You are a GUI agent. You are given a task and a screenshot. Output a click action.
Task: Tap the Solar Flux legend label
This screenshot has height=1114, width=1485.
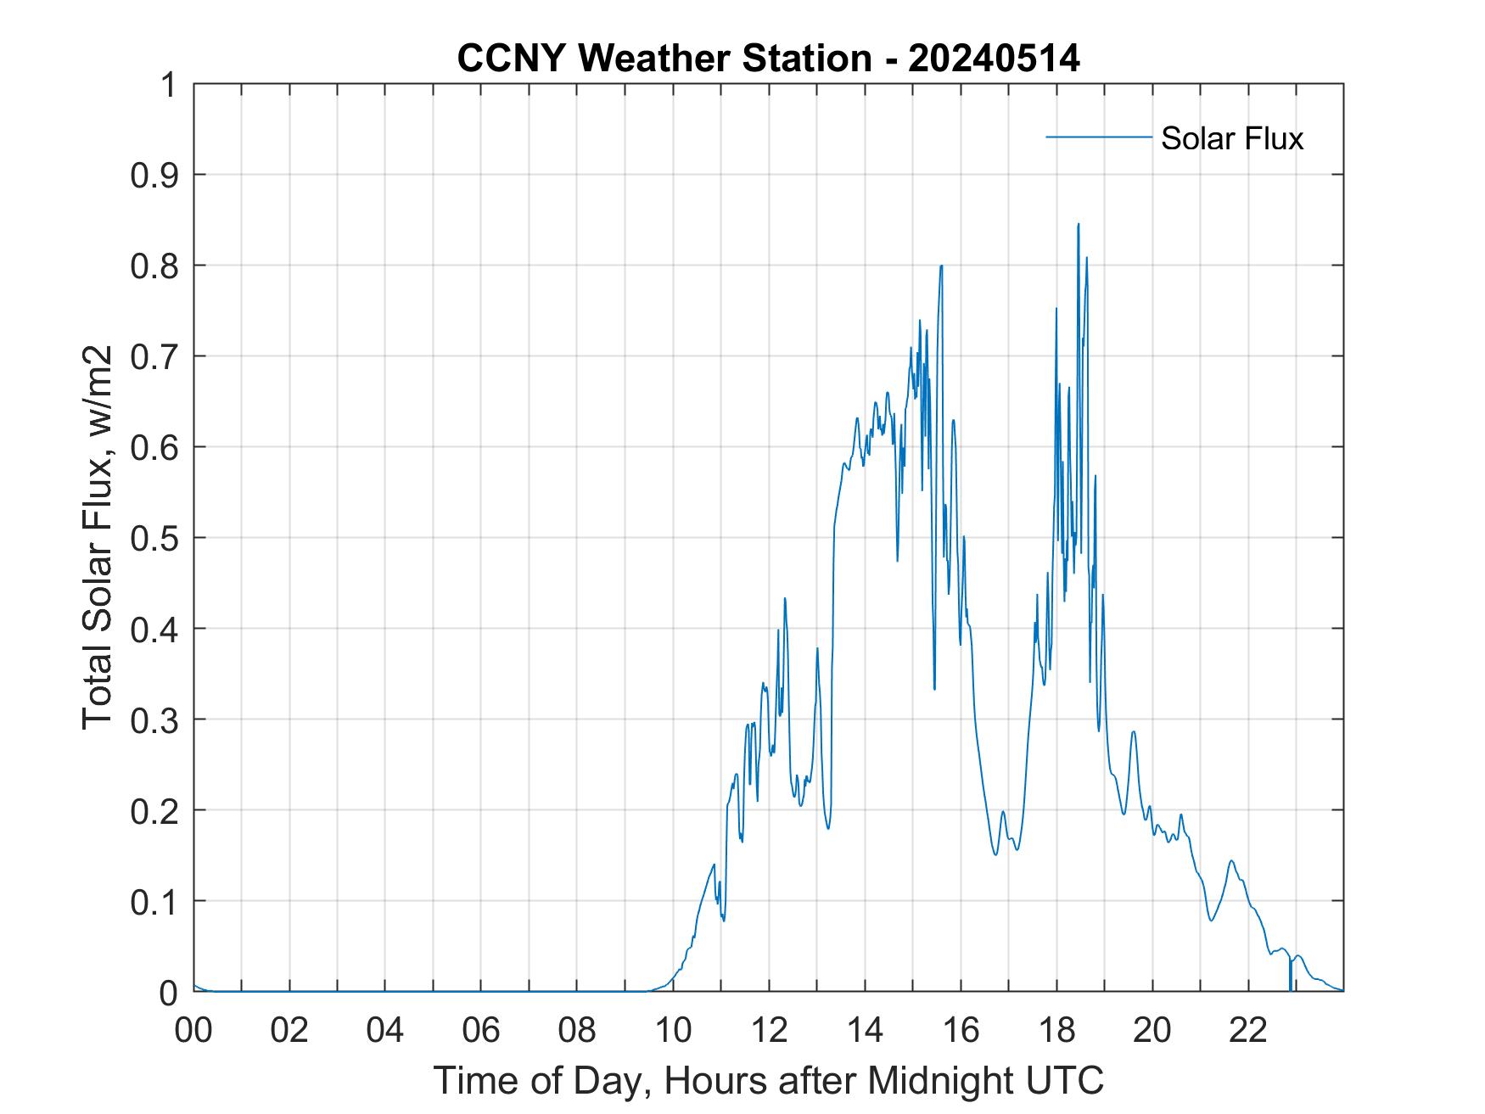click(x=1231, y=138)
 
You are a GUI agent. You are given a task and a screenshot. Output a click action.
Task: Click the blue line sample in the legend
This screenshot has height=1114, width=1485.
click(x=1098, y=137)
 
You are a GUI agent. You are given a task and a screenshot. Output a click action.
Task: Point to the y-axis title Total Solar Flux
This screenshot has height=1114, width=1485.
click(x=98, y=538)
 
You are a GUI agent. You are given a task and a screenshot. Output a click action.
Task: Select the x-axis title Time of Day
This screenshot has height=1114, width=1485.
click(x=769, y=1080)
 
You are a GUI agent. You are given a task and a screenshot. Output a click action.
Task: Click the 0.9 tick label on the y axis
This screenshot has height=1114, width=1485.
click(x=156, y=176)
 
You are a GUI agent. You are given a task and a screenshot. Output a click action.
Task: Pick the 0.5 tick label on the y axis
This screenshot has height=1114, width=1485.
click(x=156, y=538)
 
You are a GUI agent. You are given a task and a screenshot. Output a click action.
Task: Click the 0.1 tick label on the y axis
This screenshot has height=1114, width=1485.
click(x=156, y=901)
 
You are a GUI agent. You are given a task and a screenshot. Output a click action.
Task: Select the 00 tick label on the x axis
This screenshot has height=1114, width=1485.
click(x=193, y=1030)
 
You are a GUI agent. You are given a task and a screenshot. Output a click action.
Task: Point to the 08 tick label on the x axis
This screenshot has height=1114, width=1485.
click(x=577, y=1030)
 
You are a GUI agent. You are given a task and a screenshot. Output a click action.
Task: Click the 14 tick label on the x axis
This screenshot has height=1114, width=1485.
click(x=865, y=1030)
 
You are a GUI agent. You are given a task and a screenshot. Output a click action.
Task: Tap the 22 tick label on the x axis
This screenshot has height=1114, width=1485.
click(x=1248, y=1030)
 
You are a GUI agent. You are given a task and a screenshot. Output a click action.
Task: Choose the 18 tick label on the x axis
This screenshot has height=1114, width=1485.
click(x=1056, y=1030)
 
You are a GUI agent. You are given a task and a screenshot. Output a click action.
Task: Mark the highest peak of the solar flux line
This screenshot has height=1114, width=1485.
click(x=1078, y=225)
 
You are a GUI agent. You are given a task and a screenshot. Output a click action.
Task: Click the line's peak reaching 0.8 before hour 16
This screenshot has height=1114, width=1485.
click(x=941, y=266)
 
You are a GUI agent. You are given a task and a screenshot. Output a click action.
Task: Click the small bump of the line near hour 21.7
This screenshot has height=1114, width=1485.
click(x=1231, y=861)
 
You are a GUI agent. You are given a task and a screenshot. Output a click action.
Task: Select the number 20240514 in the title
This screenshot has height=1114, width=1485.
click(x=994, y=59)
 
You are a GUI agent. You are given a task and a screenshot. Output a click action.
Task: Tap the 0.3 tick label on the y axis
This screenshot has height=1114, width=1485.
click(x=156, y=719)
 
